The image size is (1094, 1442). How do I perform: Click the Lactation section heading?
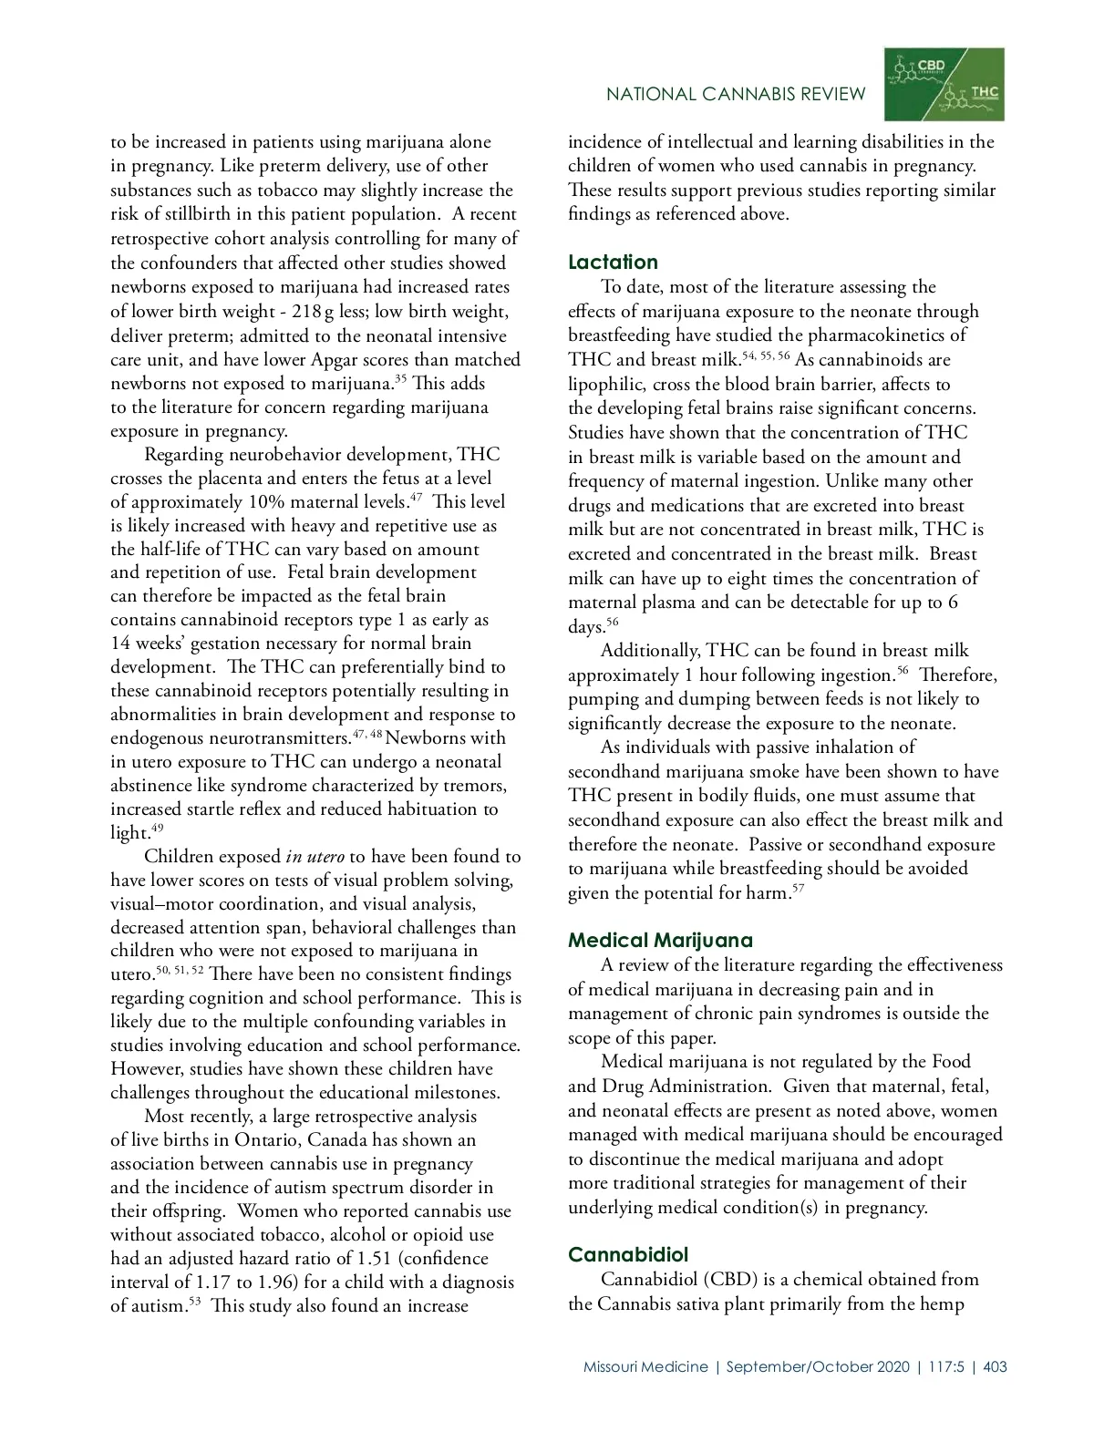[613, 263]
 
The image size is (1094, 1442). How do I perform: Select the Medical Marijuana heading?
[660, 941]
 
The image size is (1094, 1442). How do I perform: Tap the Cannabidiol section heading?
[628, 1255]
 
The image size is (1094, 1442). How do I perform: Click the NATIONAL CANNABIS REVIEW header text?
[736, 94]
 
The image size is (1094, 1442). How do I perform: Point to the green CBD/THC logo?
[944, 84]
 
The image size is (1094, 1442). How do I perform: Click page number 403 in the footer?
[996, 1366]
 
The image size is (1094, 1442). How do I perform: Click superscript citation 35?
[400, 378]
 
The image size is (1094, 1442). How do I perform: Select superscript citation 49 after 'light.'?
[157, 828]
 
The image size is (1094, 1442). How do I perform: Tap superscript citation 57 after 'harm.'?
[798, 888]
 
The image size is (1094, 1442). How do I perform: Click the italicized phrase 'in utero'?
[315, 857]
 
